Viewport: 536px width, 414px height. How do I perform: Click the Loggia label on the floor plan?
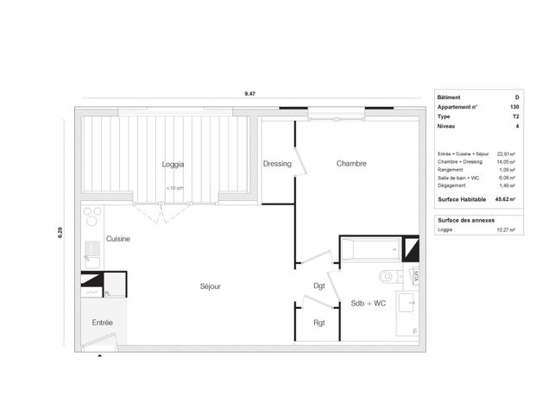173,164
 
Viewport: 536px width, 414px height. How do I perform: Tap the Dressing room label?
277,164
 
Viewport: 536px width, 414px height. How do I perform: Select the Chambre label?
351,163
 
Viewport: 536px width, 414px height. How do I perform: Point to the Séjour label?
211,286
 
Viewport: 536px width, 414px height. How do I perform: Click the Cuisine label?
118,239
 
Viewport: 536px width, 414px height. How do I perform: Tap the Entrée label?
103,323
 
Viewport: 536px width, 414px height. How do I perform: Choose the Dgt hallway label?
318,286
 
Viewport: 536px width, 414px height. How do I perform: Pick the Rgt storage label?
318,323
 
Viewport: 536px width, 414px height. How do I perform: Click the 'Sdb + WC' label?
369,304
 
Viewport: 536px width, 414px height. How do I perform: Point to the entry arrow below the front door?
101,354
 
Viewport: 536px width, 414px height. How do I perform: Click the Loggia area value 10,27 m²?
506,230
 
